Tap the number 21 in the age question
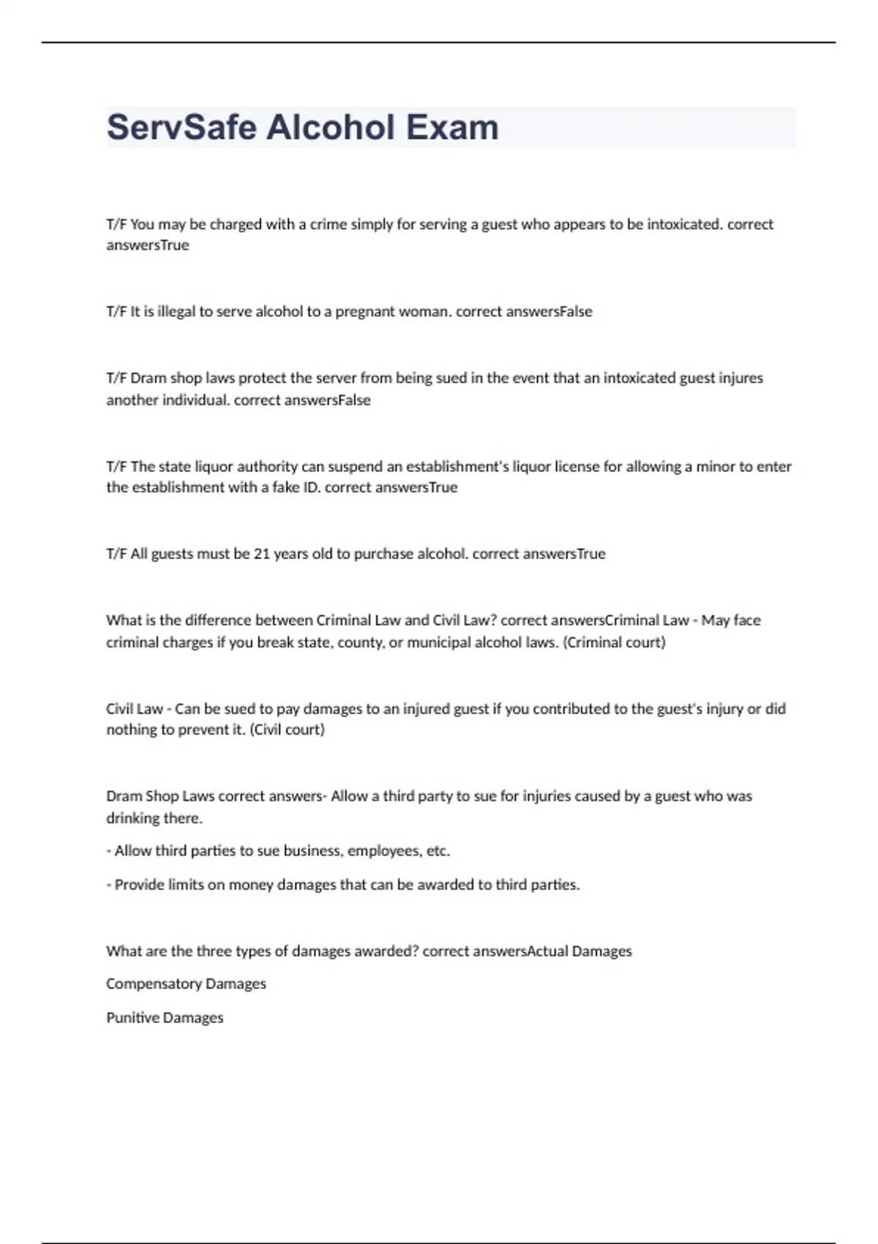[x=262, y=554]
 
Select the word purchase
[x=383, y=554]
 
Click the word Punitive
[x=132, y=1018]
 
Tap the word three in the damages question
[x=249, y=951]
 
